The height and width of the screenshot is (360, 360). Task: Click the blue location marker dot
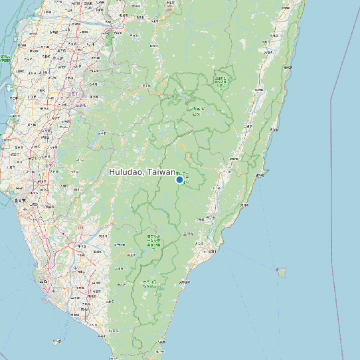click(x=179, y=179)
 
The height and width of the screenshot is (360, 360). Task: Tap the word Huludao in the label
click(x=127, y=172)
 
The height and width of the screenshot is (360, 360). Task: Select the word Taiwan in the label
click(x=161, y=172)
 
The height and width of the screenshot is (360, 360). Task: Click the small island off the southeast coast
click(x=282, y=272)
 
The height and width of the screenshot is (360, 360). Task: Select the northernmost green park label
click(x=220, y=81)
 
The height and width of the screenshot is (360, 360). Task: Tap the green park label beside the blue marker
click(x=187, y=177)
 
